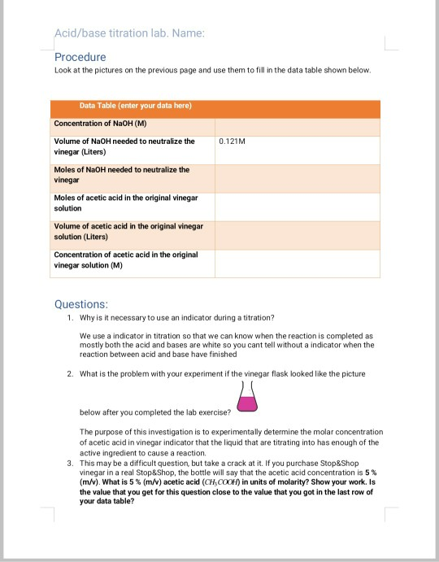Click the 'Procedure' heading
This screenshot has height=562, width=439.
click(x=80, y=57)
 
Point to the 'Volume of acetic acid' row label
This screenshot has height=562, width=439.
click(x=128, y=230)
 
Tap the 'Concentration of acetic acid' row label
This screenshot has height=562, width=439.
click(x=125, y=259)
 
